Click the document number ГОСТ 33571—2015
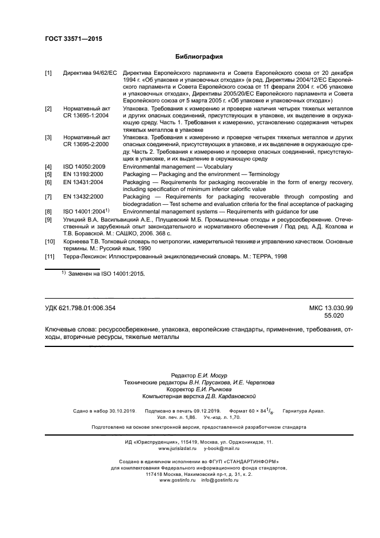click(69, 40)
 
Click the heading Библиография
click(198, 58)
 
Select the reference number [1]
click(49, 73)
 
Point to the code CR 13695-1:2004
click(86, 116)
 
